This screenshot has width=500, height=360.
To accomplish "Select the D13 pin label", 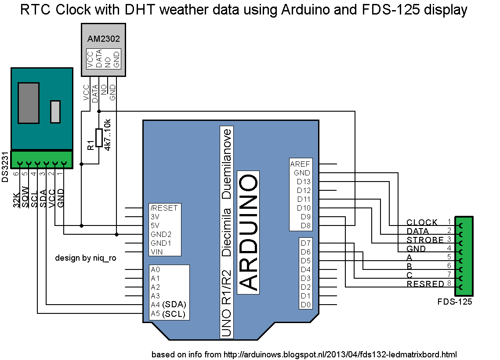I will pos(303,182).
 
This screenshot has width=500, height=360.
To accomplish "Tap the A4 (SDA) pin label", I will pos(168,305).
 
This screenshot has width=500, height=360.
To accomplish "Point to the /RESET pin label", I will pos(163,208).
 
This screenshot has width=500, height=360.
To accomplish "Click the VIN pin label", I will pos(157,252).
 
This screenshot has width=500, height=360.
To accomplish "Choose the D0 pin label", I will pos(306,305).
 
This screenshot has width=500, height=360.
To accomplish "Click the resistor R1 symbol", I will pos(99,138).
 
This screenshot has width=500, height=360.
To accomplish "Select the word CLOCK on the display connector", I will pos(422,222).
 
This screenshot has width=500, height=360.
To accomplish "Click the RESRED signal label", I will pos(425,284).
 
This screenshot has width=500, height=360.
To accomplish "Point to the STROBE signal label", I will pos(425,240).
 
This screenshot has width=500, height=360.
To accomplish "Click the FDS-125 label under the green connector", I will pos(455,302).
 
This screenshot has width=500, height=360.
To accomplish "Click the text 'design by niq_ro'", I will pos(85,258).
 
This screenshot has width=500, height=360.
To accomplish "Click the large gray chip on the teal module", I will pos(29,102).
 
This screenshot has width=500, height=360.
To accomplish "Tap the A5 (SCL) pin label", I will pos(168,314).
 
